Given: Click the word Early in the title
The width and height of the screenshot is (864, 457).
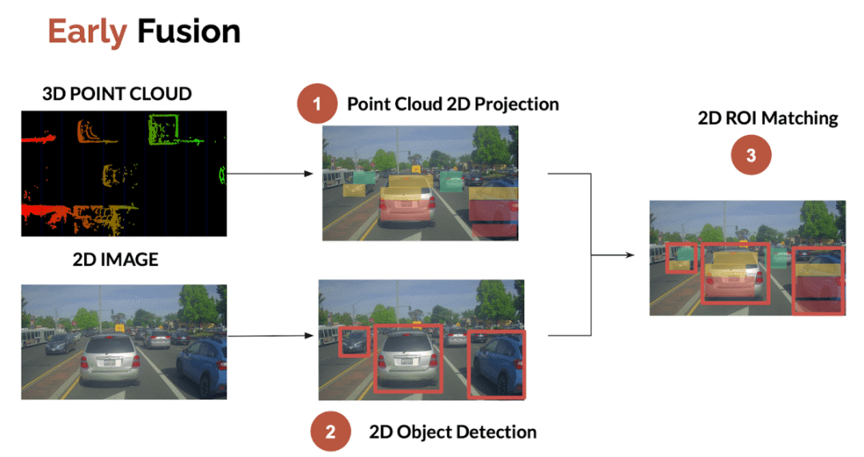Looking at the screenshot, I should point(86,31).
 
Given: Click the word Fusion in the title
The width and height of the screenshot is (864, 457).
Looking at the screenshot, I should point(189,31).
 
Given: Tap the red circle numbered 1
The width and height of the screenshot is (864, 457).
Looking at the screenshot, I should point(318,104).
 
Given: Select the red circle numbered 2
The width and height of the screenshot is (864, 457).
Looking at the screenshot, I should point(330,432).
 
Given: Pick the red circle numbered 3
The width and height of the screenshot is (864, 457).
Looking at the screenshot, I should point(750,156).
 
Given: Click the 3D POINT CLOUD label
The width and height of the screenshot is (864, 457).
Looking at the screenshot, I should point(117,93).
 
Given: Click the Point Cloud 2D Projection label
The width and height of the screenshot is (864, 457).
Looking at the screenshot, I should point(453,104).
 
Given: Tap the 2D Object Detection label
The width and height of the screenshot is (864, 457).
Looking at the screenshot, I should point(453,432).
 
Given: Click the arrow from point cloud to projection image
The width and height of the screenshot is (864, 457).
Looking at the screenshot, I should point(272,173).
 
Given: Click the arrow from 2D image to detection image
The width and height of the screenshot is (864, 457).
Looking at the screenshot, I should point(272,336).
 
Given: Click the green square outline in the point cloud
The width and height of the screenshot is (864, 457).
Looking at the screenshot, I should point(166,127).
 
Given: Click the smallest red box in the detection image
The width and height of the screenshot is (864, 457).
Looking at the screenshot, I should point(354,341).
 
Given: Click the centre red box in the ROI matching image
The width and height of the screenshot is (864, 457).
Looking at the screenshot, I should point(735,272).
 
